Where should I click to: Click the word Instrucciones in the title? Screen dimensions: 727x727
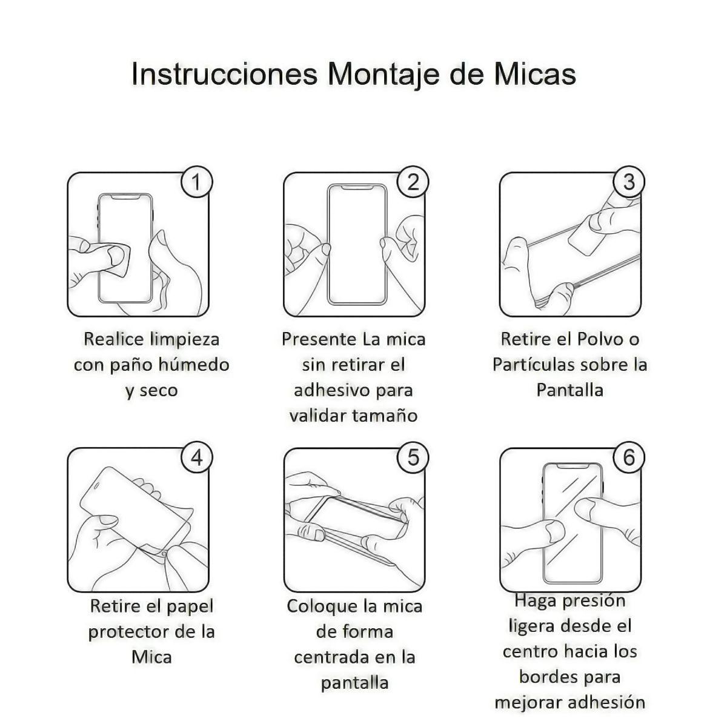coord(224,75)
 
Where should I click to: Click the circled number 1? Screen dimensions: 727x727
coord(196,182)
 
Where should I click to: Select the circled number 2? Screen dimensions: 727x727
coord(413,182)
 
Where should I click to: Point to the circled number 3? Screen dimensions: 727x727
coord(629,182)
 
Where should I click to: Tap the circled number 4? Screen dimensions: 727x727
coord(196,458)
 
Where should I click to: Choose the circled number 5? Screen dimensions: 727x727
coord(413,458)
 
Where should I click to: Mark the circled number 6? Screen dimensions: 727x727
coord(629,458)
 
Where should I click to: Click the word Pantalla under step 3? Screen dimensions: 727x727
coord(569,390)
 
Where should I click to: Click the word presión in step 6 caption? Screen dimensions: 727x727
coord(596,601)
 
